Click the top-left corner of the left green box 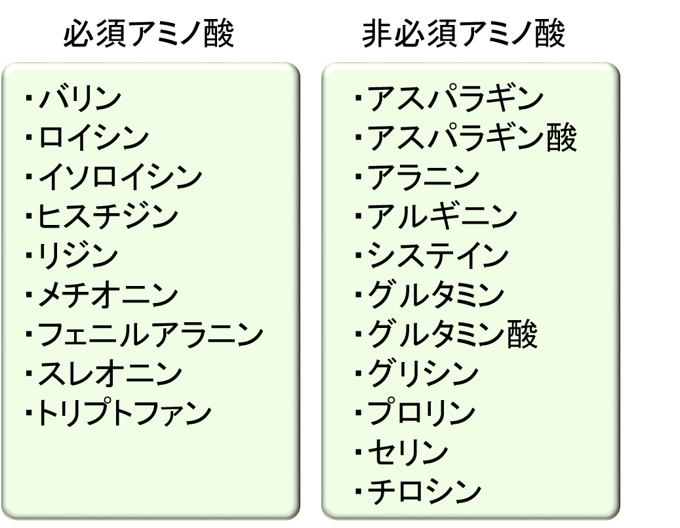[x=3, y=64]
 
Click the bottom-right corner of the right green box [x=619, y=518]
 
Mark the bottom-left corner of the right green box [x=322, y=518]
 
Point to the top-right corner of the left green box [x=300, y=64]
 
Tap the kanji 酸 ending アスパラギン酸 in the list [x=561, y=138]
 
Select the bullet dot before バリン [x=29, y=98]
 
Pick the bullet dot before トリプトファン [x=29, y=413]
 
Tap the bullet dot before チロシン [x=358, y=491]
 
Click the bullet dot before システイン [x=358, y=256]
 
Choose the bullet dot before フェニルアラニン [x=29, y=334]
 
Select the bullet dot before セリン [x=358, y=452]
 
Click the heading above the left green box [x=150, y=33]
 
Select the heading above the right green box [x=464, y=33]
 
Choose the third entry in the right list [x=423, y=177]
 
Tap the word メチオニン [x=108, y=295]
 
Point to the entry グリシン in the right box [x=423, y=373]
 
